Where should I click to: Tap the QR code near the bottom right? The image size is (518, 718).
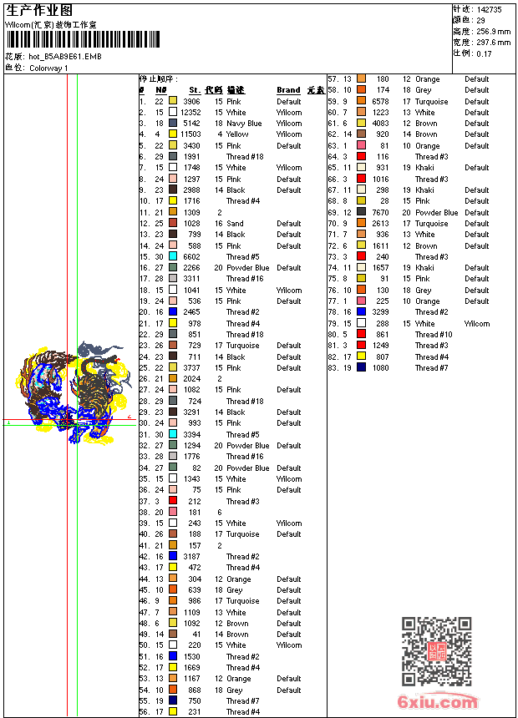(x=436, y=651)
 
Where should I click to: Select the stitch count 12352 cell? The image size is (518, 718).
(x=190, y=113)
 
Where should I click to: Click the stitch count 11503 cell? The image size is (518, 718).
(x=190, y=134)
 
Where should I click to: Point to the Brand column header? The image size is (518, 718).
(x=288, y=90)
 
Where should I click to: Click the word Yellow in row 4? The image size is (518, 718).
(x=237, y=134)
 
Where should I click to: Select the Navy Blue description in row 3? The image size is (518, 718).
(x=244, y=124)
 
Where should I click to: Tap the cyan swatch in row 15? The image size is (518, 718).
(x=173, y=256)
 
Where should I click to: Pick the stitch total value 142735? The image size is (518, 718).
(x=489, y=9)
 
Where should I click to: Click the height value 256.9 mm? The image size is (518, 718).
(x=493, y=31)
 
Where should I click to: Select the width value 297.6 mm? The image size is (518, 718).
(x=493, y=42)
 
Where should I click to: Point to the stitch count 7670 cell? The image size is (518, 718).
(x=380, y=212)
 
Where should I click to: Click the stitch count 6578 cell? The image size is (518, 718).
(x=380, y=101)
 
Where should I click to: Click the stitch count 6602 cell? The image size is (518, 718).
(x=191, y=256)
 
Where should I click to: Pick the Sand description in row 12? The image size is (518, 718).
(x=236, y=223)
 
